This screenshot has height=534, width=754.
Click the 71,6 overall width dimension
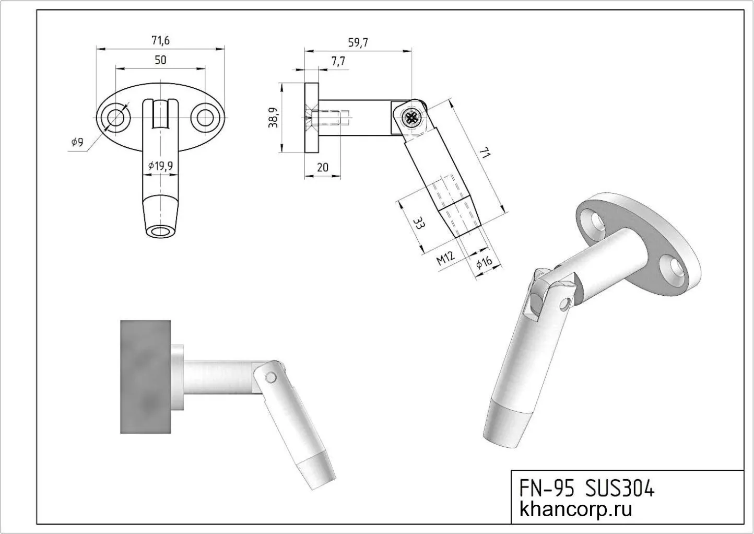[x=160, y=40]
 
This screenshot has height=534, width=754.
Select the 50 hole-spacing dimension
[x=160, y=60]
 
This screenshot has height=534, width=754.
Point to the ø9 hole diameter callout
[x=77, y=142]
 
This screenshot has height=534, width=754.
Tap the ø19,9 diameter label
[x=160, y=166]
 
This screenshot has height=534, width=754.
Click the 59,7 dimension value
[x=358, y=43]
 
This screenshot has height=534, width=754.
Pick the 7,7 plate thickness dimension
[x=338, y=62]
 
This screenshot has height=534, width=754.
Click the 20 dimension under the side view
[x=323, y=167]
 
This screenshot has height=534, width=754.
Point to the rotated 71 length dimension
[x=485, y=154]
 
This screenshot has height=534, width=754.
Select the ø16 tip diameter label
[x=484, y=264]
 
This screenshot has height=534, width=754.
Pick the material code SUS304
[x=619, y=489]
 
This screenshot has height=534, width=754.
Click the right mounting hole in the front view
[x=205, y=117]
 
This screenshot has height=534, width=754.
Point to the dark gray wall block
[x=146, y=377]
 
